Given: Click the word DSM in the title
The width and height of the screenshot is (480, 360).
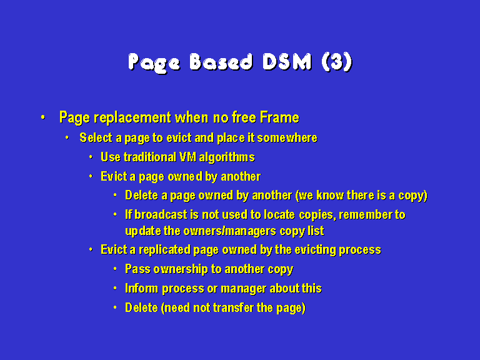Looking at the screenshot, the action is point(287,62).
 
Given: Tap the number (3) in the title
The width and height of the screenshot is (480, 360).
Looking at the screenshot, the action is point(337,62).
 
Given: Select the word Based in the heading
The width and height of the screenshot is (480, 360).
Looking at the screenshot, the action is point(221,62).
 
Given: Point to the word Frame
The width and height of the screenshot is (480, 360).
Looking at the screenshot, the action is point(279,117).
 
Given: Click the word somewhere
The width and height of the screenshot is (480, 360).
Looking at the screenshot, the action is point(287,138).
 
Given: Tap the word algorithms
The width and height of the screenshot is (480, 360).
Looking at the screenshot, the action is point(226,157).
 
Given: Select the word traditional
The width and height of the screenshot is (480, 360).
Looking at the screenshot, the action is point(150,157).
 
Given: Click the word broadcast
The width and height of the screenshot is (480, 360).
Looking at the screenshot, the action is point(161,215).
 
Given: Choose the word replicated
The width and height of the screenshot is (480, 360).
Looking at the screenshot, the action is point(164,250).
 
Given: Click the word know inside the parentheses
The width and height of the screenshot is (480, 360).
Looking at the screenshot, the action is point(330,196).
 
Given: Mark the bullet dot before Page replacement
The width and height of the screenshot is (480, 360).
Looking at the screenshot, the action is point(43,117).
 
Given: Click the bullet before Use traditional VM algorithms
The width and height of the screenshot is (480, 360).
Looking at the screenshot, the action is point(91,157).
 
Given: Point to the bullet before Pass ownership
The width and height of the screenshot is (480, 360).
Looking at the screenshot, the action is point(115,269).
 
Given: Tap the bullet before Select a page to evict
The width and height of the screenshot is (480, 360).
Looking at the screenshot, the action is point(67,137).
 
